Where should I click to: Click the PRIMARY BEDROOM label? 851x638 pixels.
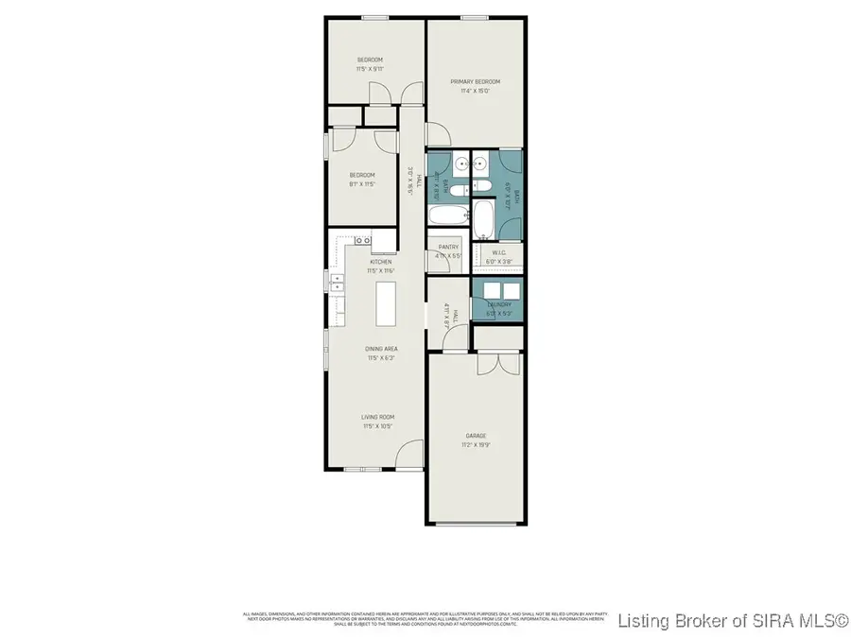[x=475, y=82]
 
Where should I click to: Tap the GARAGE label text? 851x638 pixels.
[x=475, y=436]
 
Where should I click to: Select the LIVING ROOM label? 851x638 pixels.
[x=377, y=417]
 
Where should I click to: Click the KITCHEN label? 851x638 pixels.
[x=381, y=262]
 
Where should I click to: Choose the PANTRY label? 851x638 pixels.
[x=447, y=247]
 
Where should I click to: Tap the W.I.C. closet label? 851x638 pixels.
[x=497, y=250]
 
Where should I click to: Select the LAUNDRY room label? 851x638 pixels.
[x=499, y=304]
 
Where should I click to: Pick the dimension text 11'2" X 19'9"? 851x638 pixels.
[x=475, y=445]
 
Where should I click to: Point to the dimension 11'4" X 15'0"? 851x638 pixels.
[x=475, y=92]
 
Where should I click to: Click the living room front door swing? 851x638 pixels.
[x=408, y=457]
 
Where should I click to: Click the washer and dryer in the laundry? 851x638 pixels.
[x=497, y=290]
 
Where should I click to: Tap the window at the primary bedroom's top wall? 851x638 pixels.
[x=475, y=17]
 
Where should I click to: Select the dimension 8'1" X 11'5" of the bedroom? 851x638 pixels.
[x=362, y=184]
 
